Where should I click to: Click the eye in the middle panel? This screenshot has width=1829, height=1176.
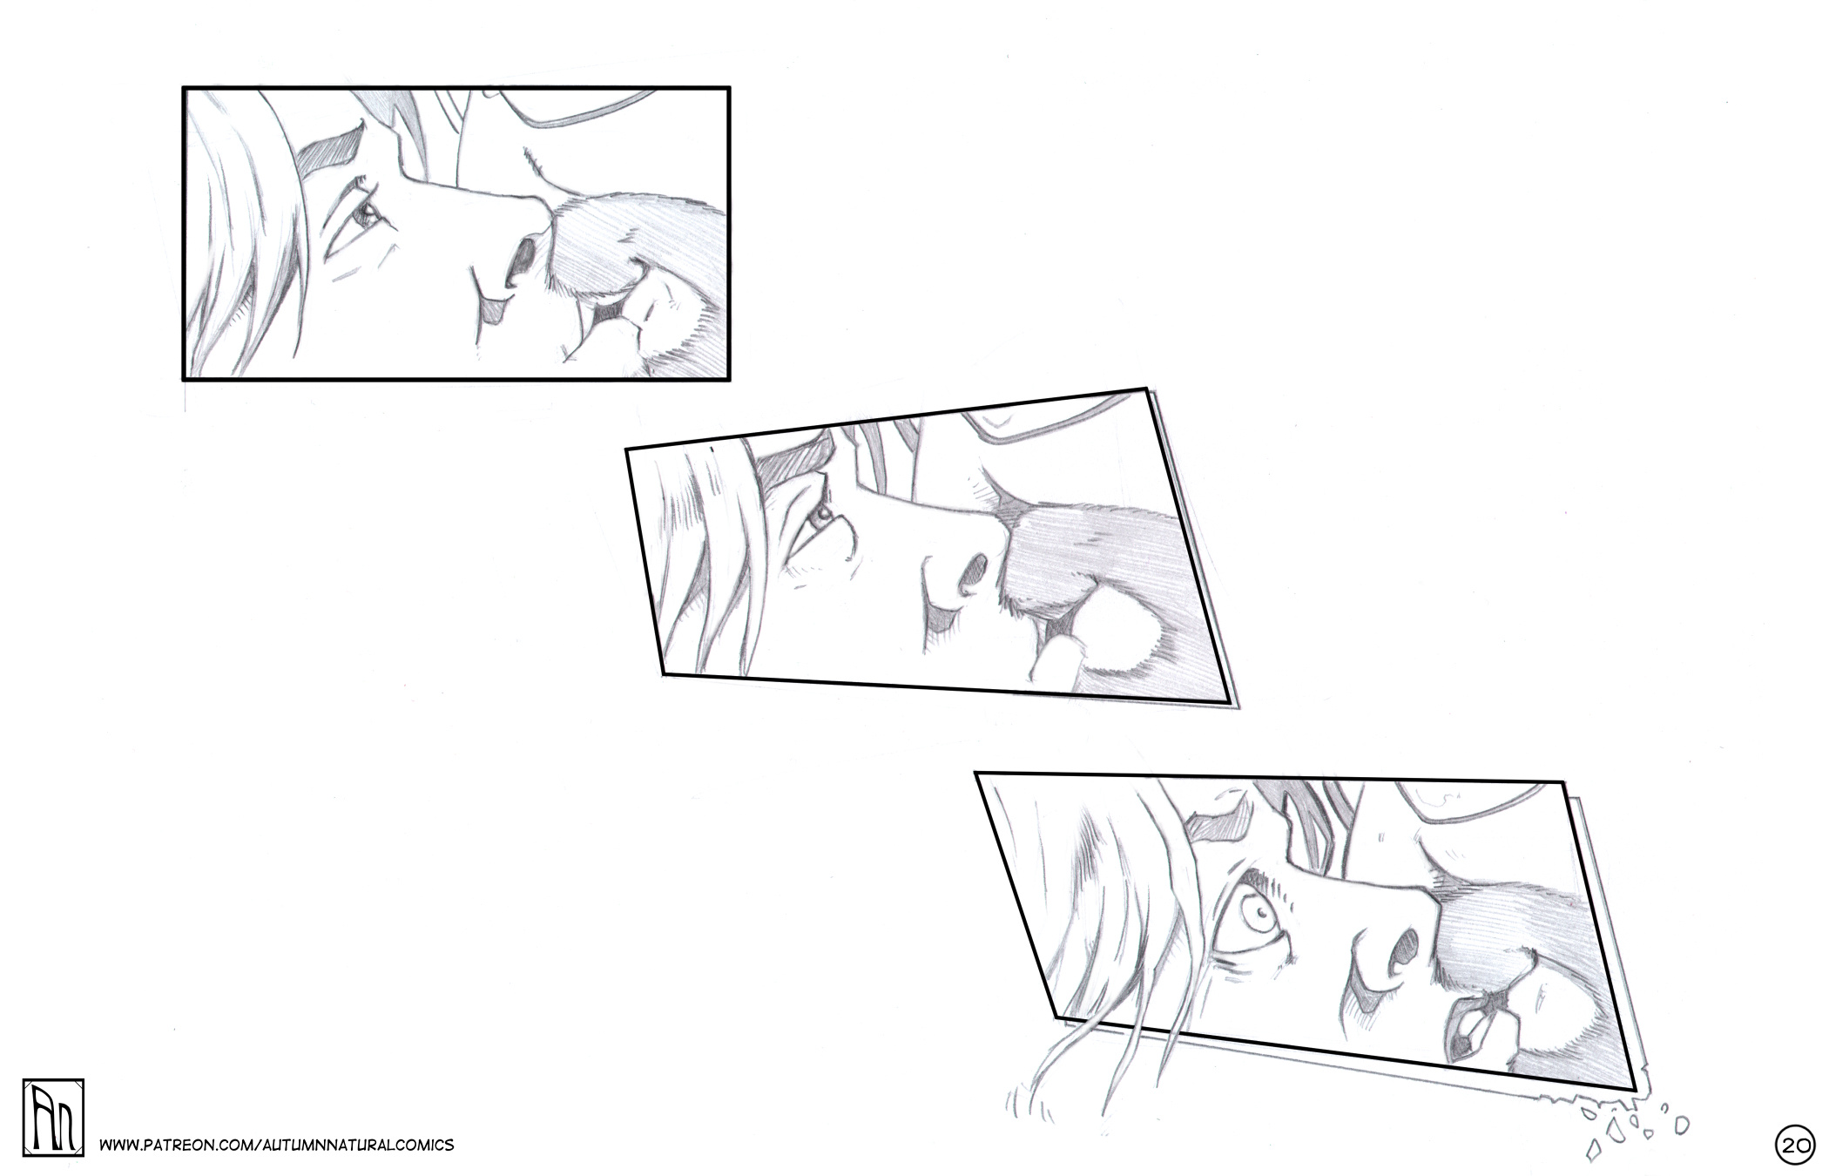coord(820,518)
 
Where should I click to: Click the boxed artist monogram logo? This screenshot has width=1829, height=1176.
coord(53,1118)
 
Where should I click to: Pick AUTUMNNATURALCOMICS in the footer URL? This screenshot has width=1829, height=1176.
coord(356,1145)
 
